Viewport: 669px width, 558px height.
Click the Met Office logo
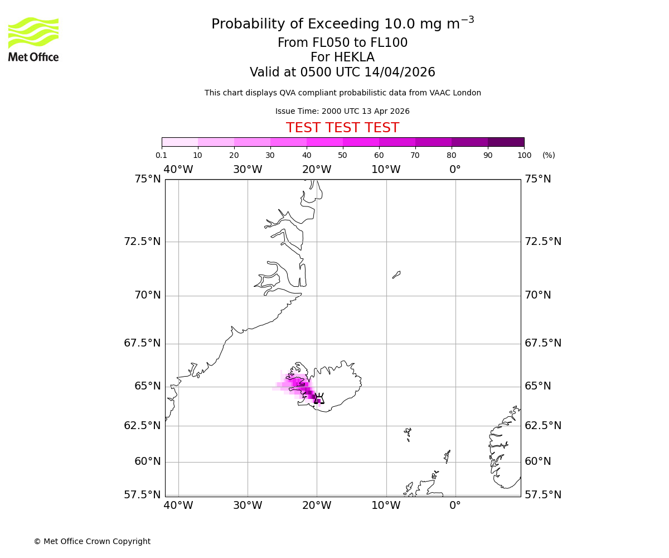tap(33, 39)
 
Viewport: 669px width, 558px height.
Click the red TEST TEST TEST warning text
tap(342, 128)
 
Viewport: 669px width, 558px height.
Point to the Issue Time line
tap(342, 112)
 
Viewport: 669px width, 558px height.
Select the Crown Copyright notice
tap(92, 541)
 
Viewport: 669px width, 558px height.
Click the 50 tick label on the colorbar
tap(343, 155)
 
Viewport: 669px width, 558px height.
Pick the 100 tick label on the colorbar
tap(524, 155)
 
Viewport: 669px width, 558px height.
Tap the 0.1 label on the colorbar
tap(161, 155)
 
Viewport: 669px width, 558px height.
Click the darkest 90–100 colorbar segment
tap(506, 142)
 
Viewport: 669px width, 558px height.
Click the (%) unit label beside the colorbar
tap(549, 155)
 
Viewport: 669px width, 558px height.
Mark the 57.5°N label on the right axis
tap(543, 495)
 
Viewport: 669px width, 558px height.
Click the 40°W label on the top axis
tap(178, 170)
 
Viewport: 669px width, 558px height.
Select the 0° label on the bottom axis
tap(455, 506)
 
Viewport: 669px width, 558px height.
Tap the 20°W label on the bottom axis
tap(317, 506)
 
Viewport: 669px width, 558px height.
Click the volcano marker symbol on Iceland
tap(319, 398)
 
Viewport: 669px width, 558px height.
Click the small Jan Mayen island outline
tap(396, 275)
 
